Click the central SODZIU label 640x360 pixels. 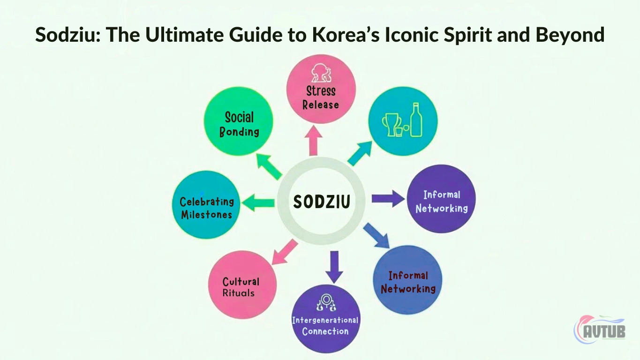coord(322,202)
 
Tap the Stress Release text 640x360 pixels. coord(321,97)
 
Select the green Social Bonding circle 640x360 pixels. coord(239,121)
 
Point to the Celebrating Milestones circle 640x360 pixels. coord(206,205)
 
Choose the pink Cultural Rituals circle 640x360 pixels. coord(242,285)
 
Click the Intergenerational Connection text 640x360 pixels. coord(325,326)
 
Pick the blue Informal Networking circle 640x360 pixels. coord(407,280)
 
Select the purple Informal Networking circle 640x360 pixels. coord(441,199)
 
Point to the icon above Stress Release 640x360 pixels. coord(321,73)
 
